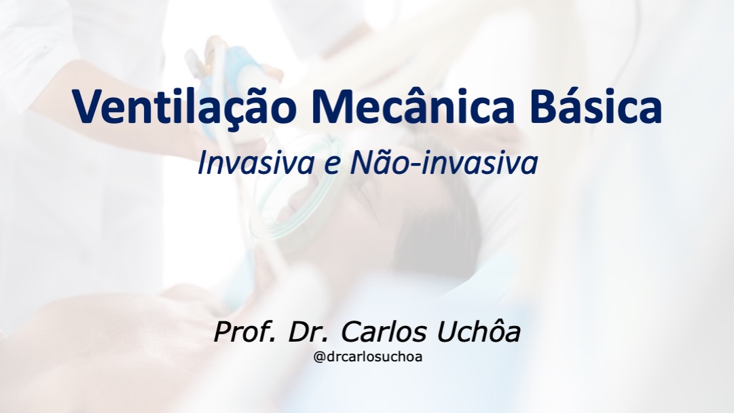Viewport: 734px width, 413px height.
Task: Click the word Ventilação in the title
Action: point(185,105)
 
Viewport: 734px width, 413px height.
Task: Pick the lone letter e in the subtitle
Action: point(331,166)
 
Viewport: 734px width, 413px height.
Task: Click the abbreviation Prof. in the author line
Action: point(244,332)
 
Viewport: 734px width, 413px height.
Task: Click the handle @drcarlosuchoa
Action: point(368,357)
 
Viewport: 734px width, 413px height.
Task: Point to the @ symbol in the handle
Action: point(318,357)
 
